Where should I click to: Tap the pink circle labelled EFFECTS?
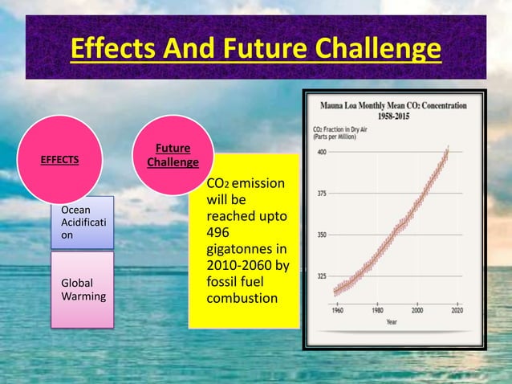click(x=61, y=159)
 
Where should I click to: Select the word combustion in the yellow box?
click(x=242, y=299)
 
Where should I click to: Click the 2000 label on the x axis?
click(x=418, y=310)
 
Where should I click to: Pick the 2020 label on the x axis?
click(x=457, y=310)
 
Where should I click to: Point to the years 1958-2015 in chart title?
click(x=396, y=114)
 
